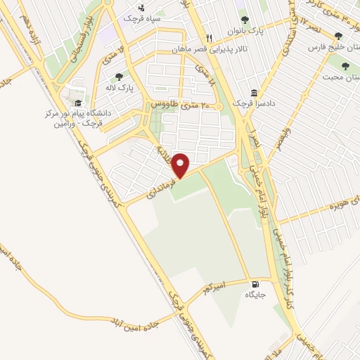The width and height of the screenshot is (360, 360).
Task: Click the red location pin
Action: [181, 165]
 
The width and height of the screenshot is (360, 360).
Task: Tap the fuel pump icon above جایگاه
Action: [253, 284]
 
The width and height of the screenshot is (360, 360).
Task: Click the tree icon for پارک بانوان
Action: [245, 20]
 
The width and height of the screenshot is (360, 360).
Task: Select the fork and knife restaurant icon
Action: [208, 38]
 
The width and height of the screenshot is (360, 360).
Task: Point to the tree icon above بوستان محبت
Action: [349, 63]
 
